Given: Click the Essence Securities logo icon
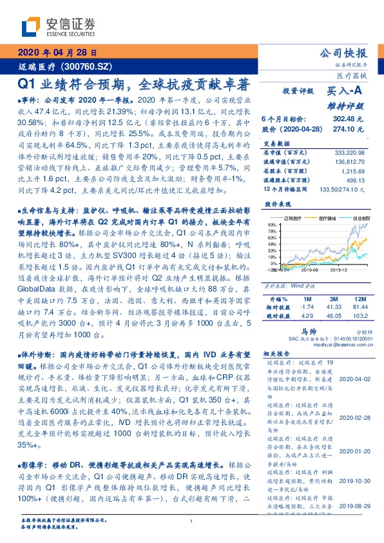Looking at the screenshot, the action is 33,25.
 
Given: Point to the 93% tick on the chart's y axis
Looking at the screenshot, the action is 273,222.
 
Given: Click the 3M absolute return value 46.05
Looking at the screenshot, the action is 334,316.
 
